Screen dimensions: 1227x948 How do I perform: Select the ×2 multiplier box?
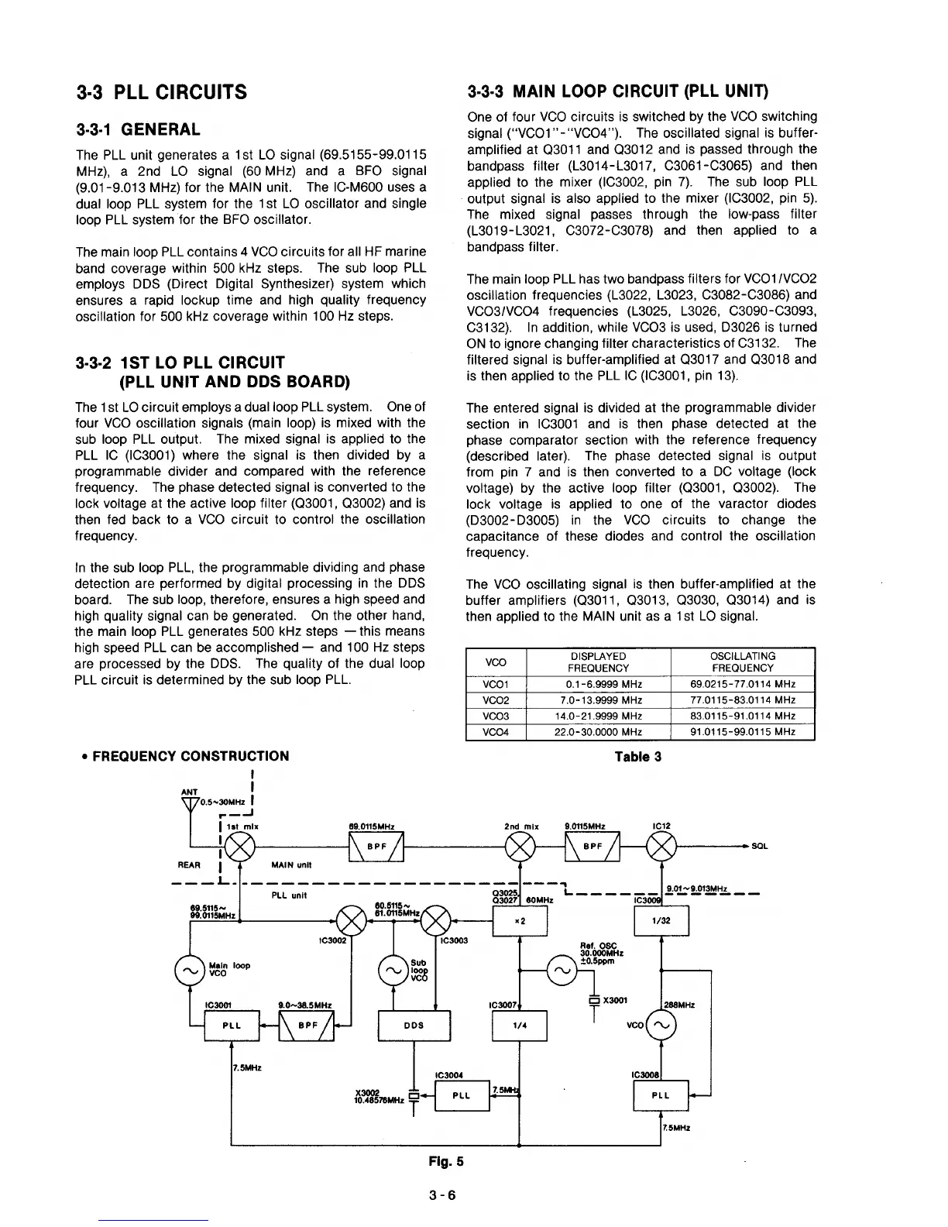pos(520,921)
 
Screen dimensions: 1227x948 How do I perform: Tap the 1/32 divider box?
pos(661,921)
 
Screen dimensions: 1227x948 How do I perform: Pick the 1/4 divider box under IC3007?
pos(520,1026)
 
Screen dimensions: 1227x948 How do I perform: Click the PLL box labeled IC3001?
pos(231,1026)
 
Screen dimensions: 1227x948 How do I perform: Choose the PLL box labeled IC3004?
pos(462,1095)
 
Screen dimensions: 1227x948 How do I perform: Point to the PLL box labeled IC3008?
pos(661,1095)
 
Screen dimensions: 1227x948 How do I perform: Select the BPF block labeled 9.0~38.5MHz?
pos(307,1026)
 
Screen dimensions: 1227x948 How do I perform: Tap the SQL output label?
pos(759,847)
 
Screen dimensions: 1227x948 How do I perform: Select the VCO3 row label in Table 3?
pos(496,716)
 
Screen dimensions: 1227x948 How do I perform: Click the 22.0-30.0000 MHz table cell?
pos(598,732)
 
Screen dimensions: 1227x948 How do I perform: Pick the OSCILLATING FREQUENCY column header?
pos(742,662)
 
